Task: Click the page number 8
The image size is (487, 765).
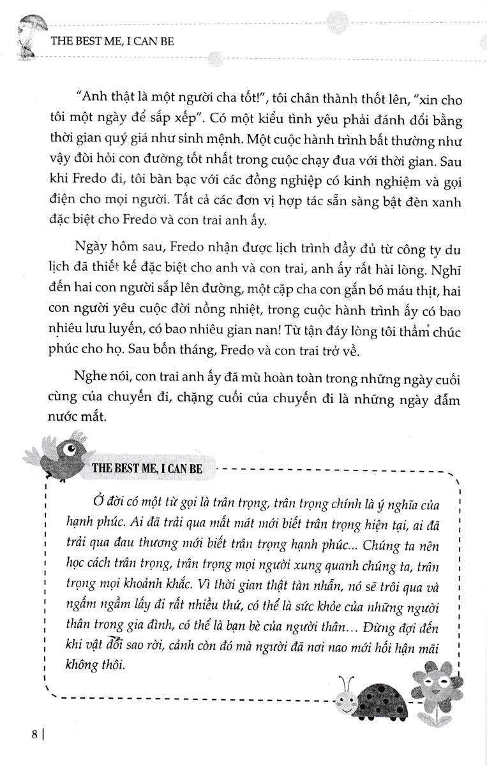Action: point(35,748)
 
